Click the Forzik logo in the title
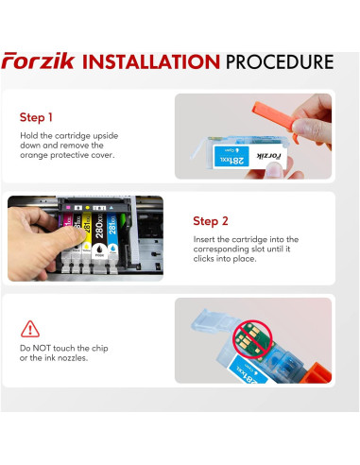click(x=39, y=60)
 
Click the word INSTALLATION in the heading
click(x=151, y=61)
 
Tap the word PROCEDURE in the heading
click(x=280, y=61)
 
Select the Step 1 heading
click(x=36, y=117)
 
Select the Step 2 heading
click(x=211, y=221)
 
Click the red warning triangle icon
click(x=30, y=329)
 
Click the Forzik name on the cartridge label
click(x=268, y=156)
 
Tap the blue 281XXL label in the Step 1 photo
click(x=231, y=157)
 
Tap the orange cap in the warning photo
click(x=316, y=373)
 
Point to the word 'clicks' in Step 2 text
click(x=204, y=259)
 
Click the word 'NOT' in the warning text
click(x=43, y=348)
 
